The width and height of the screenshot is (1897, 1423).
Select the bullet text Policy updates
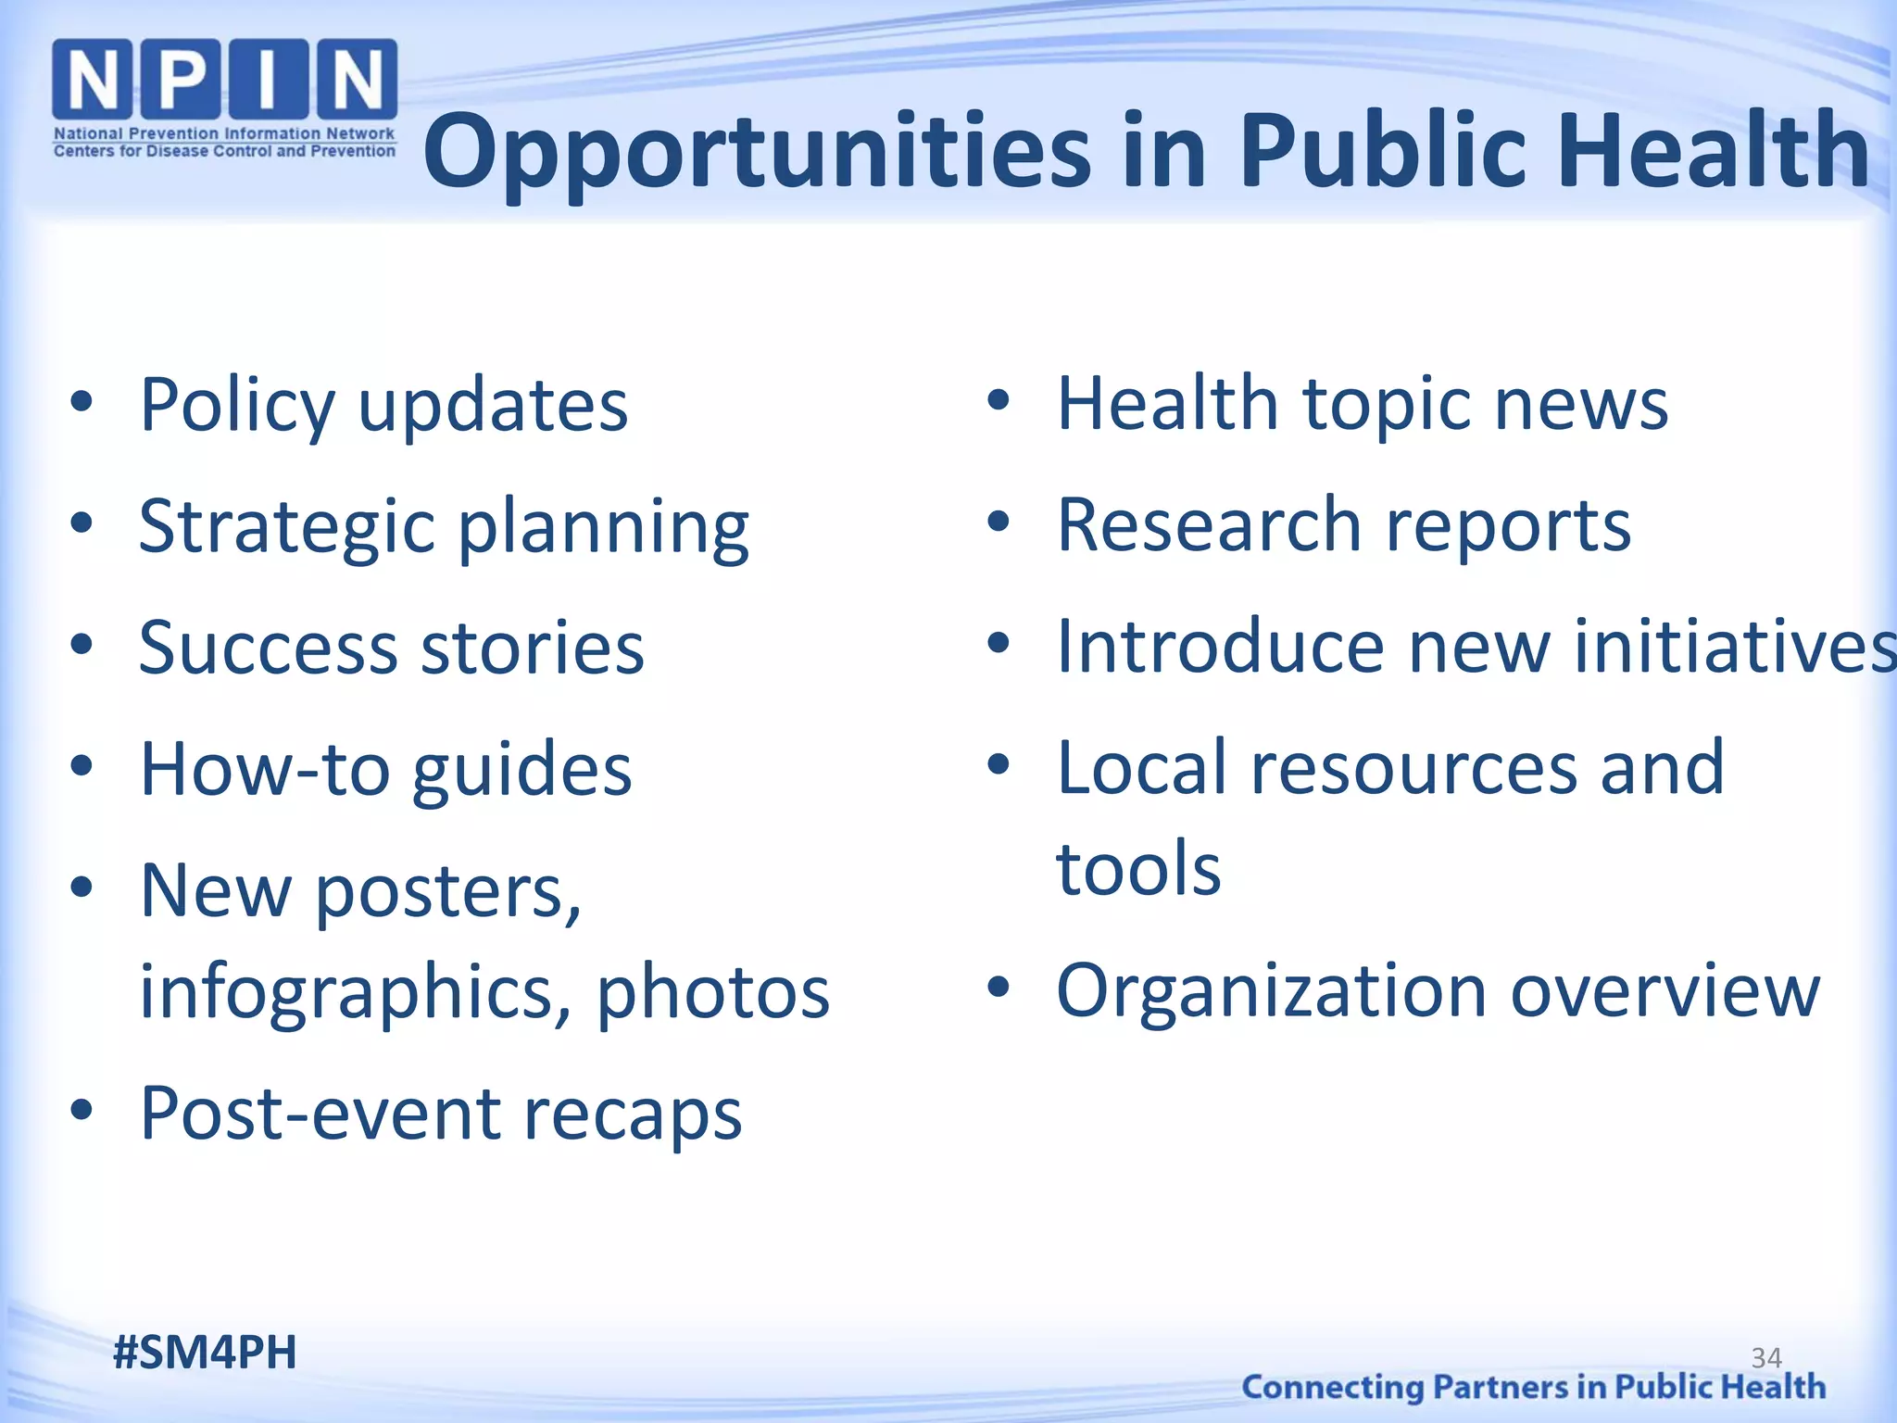383,405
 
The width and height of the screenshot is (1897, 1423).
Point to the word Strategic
287,526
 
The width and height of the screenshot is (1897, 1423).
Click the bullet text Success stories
391,648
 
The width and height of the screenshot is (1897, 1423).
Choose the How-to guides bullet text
385,769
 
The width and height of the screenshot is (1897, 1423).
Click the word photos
713,993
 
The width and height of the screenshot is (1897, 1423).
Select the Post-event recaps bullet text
441,1113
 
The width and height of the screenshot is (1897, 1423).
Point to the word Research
1209,525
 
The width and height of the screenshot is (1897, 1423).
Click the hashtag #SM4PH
205,1353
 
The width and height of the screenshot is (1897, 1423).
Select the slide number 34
1766,1358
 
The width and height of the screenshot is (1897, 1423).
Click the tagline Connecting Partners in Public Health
1533,1387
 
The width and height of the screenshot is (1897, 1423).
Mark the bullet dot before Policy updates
82,402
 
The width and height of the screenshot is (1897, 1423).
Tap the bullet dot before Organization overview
998,988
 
